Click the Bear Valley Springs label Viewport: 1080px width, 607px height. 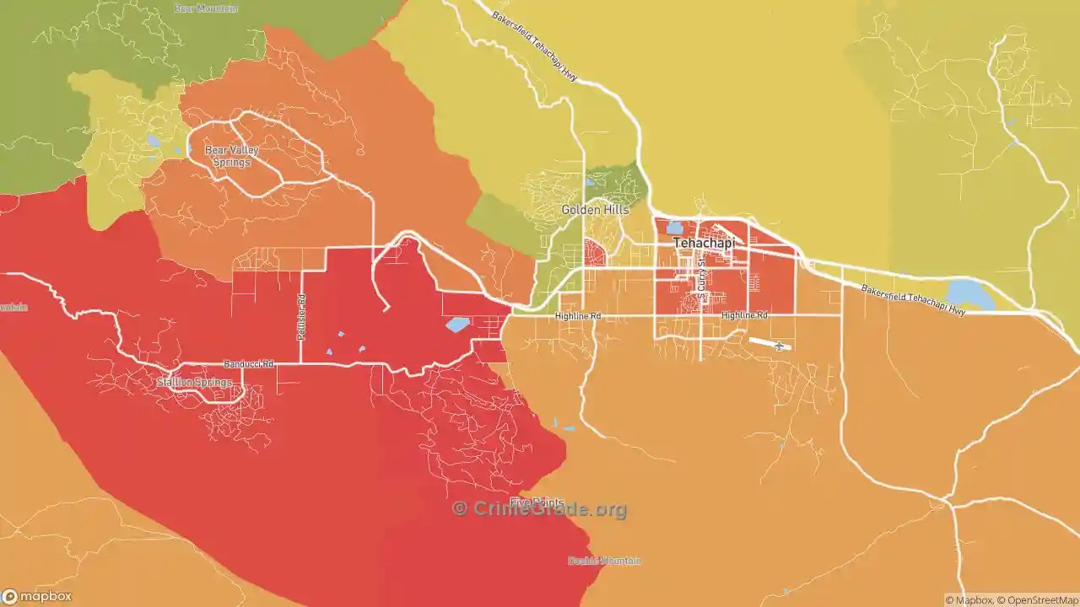pos(231,156)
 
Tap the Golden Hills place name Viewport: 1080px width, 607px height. pos(594,209)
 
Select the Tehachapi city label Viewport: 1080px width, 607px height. pos(704,243)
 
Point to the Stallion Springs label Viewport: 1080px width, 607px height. pos(194,383)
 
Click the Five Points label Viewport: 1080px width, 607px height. pos(536,502)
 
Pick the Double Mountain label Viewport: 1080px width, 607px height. pos(604,561)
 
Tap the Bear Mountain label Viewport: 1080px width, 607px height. pos(206,8)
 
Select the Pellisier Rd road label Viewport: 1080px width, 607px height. pos(301,317)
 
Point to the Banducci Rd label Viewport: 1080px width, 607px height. pos(249,364)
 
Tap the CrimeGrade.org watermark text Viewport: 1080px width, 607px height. pos(540,509)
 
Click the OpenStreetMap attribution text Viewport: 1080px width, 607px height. pos(1037,600)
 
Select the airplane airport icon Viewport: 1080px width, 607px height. pos(779,346)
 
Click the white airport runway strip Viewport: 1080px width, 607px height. pos(764,342)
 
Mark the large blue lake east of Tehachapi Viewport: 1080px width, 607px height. pos(969,294)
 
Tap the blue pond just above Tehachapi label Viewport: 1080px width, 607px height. pos(674,227)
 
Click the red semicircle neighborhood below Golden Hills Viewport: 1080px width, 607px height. pos(594,252)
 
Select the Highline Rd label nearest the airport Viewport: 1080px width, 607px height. pos(744,315)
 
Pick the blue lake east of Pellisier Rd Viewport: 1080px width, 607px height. pos(458,325)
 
